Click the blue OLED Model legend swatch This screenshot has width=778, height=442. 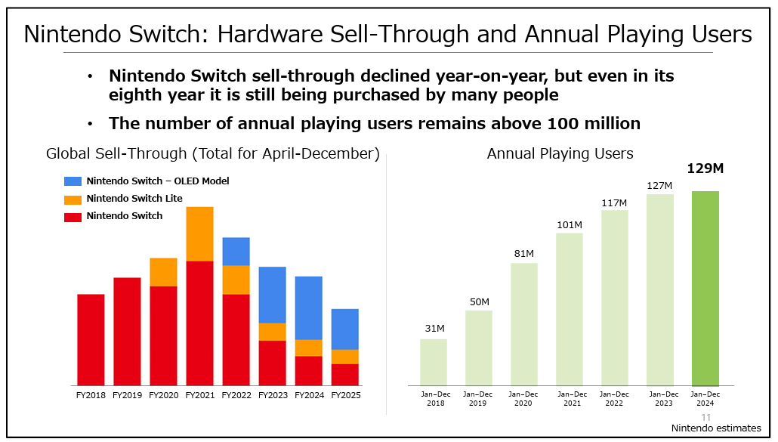pos(73,181)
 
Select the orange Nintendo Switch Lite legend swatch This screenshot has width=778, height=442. pos(73,199)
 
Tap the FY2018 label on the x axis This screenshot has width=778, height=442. pos(91,395)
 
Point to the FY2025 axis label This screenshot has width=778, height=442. pos(345,395)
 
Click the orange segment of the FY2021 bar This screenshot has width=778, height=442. pos(199,233)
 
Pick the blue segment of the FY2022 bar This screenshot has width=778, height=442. pos(236,252)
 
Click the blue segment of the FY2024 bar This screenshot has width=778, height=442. pos(308,308)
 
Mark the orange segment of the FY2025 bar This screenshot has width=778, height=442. pos(344,357)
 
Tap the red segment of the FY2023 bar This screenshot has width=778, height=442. pos(272,363)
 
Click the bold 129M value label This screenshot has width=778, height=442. pos(705,168)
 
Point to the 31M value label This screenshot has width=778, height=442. pos(434,329)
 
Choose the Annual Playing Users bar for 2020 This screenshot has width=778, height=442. pos(523,324)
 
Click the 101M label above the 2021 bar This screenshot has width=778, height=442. pos(570,225)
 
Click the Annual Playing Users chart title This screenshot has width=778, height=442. pos(560,154)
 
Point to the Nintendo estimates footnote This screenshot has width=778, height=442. pos(716,428)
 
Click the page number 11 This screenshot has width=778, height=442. pos(706,418)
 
